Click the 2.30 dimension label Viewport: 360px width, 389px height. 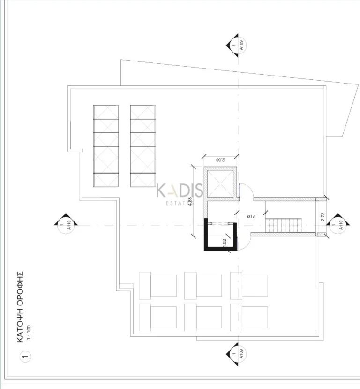[219, 160]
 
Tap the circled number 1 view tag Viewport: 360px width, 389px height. [25, 358]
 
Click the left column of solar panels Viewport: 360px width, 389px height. [106, 146]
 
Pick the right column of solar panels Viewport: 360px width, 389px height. [143, 146]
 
